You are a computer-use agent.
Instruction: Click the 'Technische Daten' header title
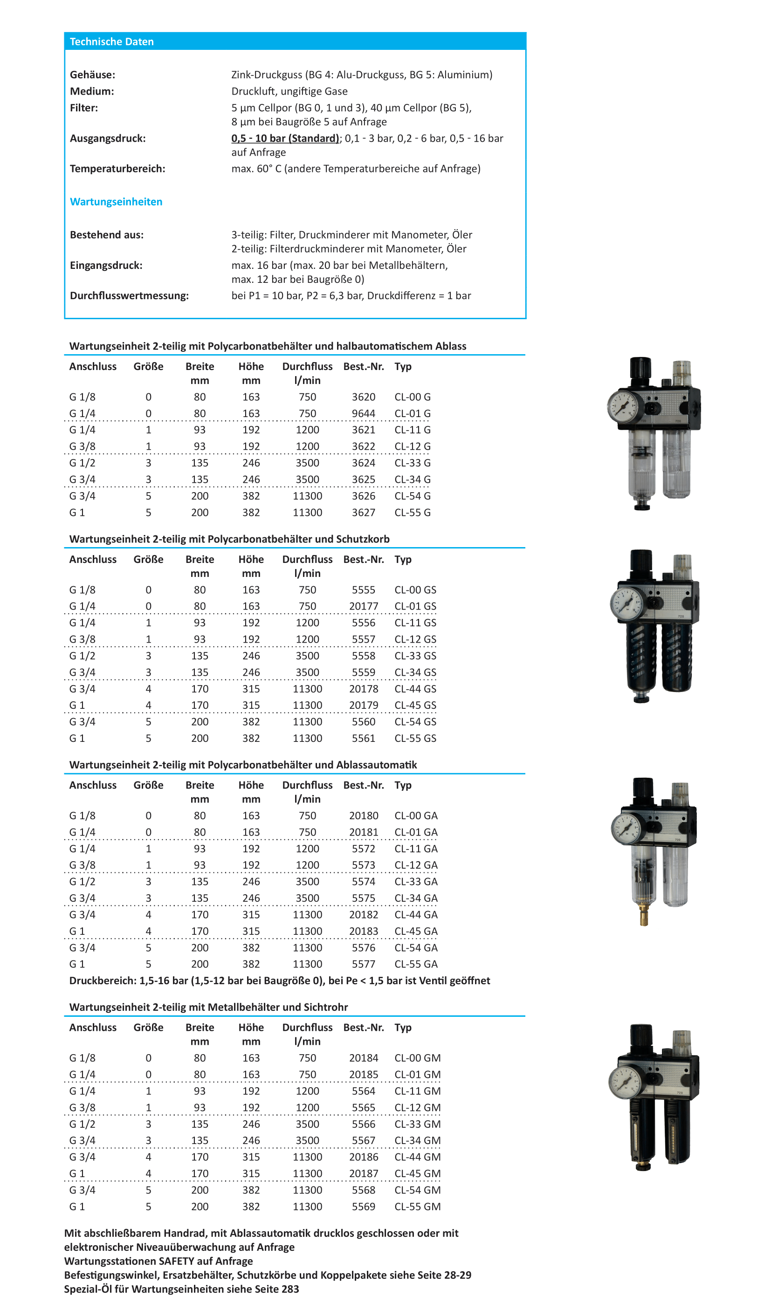point(112,42)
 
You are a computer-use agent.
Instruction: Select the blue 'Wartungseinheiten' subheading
point(116,202)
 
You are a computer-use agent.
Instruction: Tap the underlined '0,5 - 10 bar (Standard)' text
point(286,138)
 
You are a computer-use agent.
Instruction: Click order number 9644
point(363,414)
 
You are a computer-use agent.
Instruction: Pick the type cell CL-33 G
point(412,463)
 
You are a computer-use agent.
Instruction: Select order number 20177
point(363,606)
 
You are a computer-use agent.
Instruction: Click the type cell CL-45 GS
point(415,705)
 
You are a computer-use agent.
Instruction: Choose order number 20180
point(363,816)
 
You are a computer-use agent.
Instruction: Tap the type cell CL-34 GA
point(416,898)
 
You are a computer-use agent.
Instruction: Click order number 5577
point(363,964)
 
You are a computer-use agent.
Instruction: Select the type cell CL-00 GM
point(417,1058)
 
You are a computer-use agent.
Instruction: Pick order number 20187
point(363,1173)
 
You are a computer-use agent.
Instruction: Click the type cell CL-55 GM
point(417,1206)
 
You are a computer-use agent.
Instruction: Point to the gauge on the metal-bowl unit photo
point(625,1082)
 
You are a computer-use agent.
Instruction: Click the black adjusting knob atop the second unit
point(641,562)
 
